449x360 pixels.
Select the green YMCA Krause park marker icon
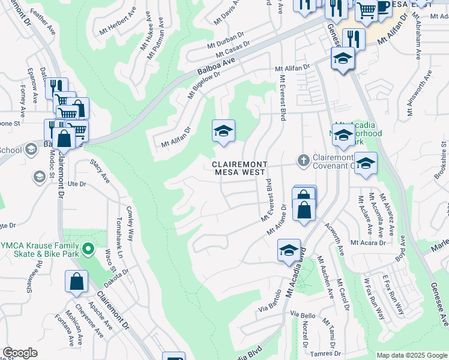(x=88, y=248)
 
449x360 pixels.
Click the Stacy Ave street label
(x=100, y=170)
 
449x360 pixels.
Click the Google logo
(x=20, y=353)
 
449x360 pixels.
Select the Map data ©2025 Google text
(x=411, y=355)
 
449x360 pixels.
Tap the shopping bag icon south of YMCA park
(x=77, y=282)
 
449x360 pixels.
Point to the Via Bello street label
(x=303, y=315)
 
